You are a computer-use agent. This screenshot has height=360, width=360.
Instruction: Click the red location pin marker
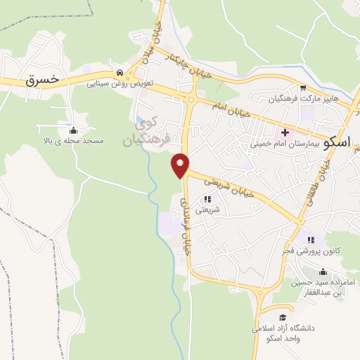pos(181,165)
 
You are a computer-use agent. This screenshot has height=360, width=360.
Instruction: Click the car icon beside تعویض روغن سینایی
pos(120,72)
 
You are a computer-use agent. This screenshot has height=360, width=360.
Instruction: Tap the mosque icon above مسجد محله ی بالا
pos(74,130)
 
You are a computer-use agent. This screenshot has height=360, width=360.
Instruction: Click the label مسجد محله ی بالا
pos(74,141)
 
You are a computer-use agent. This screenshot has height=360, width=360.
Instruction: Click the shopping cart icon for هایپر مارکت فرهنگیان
pos(303,89)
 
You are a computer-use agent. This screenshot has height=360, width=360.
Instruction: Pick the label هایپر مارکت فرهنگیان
pos(305,99)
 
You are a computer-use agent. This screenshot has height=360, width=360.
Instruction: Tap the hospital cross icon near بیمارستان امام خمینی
pos(285,131)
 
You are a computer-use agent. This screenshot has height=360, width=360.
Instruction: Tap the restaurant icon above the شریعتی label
pos(207,200)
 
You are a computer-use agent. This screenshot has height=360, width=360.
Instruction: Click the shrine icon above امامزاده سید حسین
pos(323,272)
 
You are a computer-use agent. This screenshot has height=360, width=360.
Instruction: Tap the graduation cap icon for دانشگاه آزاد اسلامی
pos(283,317)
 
